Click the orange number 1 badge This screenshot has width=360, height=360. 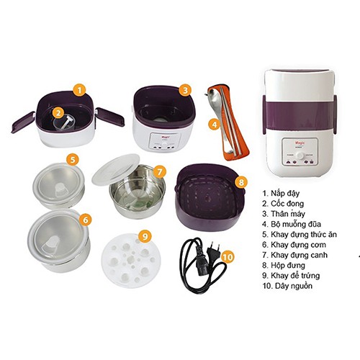(x=80, y=91)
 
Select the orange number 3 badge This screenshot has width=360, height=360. (x=185, y=91)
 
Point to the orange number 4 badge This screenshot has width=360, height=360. (x=214, y=124)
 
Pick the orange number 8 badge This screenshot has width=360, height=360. (x=241, y=182)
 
